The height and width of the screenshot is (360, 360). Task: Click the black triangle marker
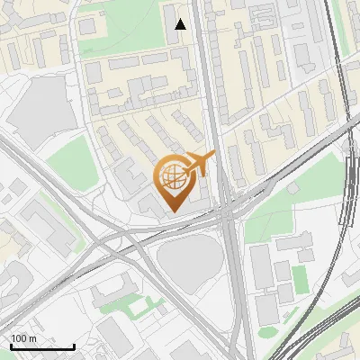181,24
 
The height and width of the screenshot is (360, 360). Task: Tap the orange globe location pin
173,184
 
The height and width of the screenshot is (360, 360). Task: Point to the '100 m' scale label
24,337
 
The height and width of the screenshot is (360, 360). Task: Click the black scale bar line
42,346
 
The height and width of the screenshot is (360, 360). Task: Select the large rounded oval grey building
189,261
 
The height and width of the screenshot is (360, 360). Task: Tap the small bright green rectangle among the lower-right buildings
300,278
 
